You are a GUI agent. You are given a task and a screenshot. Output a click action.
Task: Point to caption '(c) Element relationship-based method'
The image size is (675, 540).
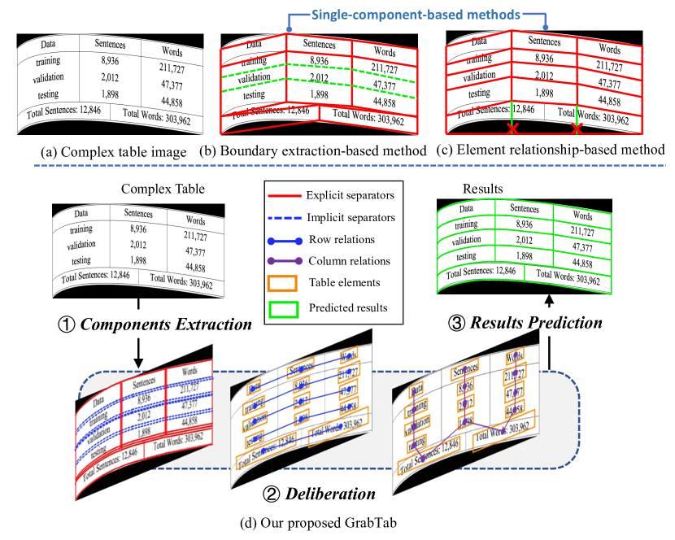[551, 150]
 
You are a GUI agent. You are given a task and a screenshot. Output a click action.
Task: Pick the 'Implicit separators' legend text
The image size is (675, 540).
[351, 217]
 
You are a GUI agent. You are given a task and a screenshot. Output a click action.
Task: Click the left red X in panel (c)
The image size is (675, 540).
[512, 129]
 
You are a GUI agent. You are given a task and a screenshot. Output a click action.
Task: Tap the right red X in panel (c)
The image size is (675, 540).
[577, 129]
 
